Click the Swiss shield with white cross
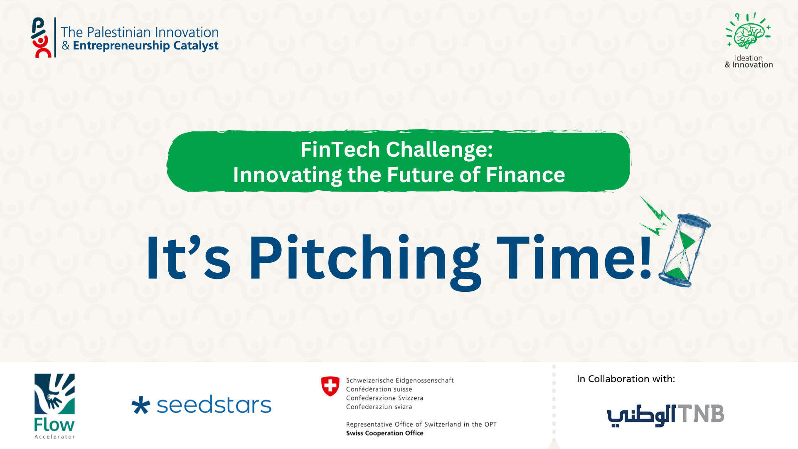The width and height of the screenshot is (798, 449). pyautogui.click(x=330, y=386)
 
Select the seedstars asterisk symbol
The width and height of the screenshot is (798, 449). pyautogui.click(x=140, y=405)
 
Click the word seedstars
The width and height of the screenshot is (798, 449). pyautogui.click(x=214, y=405)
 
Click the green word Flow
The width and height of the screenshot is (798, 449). pyautogui.click(x=54, y=425)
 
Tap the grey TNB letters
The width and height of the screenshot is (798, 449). pyautogui.click(x=701, y=414)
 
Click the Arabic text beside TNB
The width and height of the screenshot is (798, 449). pyautogui.click(x=641, y=415)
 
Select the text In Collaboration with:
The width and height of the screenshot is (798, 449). pyautogui.click(x=626, y=379)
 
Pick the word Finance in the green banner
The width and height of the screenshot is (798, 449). pyautogui.click(x=525, y=175)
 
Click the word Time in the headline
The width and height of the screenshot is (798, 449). pyautogui.click(x=565, y=257)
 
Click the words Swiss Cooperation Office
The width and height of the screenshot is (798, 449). pyautogui.click(x=385, y=433)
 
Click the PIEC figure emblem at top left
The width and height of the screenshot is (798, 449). pyautogui.click(x=42, y=37)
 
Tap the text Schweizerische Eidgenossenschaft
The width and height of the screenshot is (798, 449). pyautogui.click(x=400, y=380)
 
